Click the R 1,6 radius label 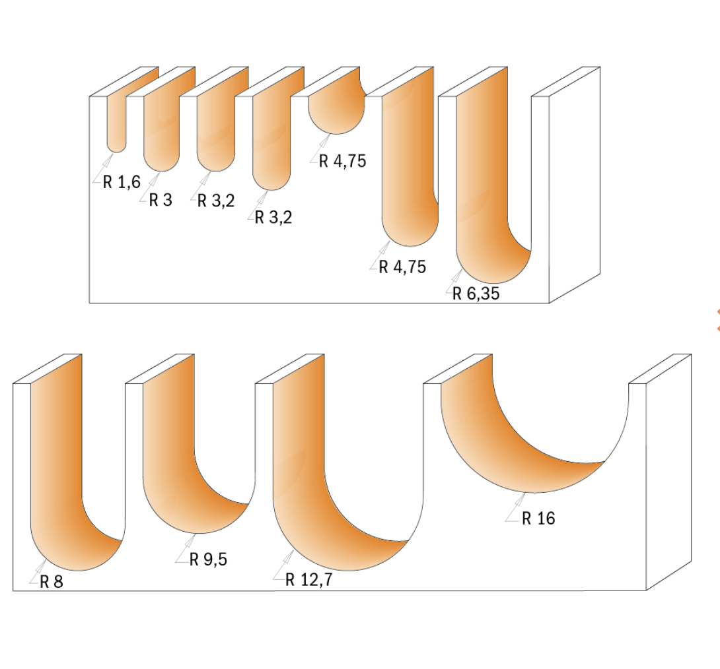click(122, 182)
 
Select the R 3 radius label click(161, 200)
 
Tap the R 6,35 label click(476, 294)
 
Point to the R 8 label click(51, 581)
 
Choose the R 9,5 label click(208, 559)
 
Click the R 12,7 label click(308, 579)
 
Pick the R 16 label click(538, 518)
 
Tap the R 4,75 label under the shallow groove click(343, 161)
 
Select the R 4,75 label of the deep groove click(402, 267)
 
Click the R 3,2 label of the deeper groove click(273, 217)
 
